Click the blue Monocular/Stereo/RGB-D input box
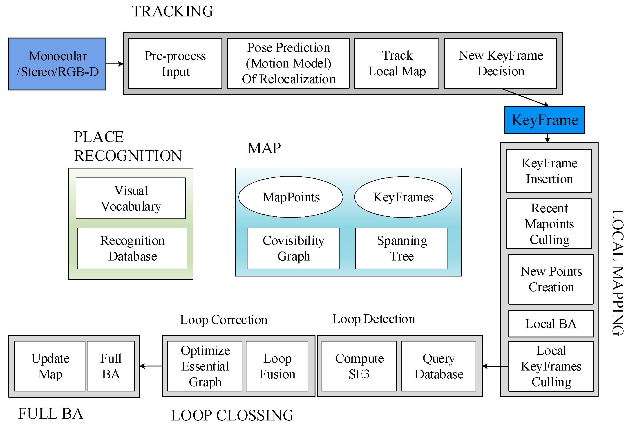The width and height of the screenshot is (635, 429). (x=57, y=64)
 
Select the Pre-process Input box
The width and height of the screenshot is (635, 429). (x=175, y=64)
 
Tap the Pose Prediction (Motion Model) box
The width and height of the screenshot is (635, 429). (x=288, y=63)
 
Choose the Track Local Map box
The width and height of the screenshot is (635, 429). (x=397, y=63)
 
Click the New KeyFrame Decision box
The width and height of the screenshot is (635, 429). (x=501, y=63)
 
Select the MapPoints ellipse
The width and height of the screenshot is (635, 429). (x=291, y=197)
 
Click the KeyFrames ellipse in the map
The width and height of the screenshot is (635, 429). (x=403, y=197)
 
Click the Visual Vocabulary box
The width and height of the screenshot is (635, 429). (x=131, y=198)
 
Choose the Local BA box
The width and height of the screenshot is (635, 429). (x=551, y=324)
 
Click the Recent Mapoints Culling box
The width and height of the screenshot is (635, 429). (x=549, y=224)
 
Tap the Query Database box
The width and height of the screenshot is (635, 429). (x=438, y=366)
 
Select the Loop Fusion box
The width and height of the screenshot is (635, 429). (x=277, y=366)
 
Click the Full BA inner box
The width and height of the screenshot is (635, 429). (x=111, y=366)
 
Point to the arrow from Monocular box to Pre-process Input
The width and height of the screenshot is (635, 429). (x=114, y=64)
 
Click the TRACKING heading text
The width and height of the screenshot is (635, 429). (x=172, y=11)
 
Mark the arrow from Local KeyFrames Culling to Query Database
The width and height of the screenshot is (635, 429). (x=495, y=366)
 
